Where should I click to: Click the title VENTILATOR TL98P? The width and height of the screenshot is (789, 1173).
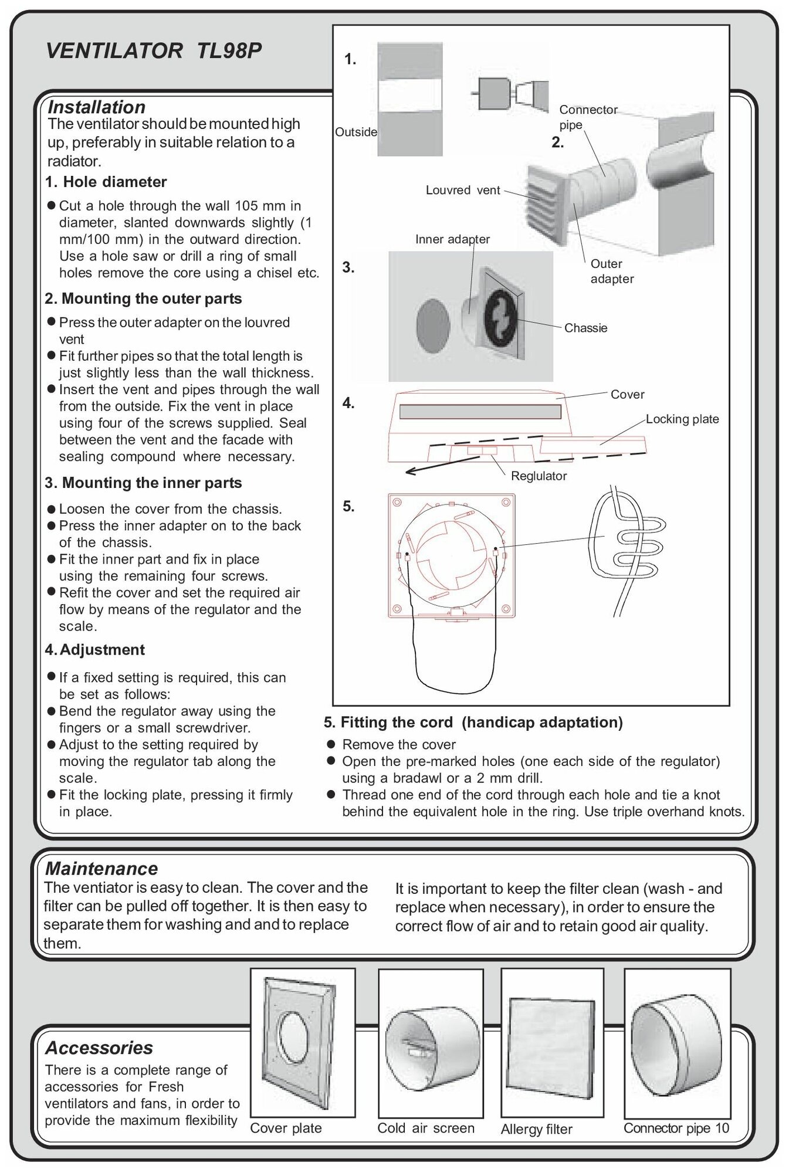click(x=153, y=52)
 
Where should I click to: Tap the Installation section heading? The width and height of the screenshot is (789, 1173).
click(x=96, y=107)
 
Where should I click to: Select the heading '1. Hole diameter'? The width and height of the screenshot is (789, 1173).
click(x=106, y=182)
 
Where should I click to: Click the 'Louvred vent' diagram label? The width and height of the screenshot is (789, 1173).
click(x=463, y=190)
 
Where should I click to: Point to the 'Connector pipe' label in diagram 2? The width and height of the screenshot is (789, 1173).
click(x=587, y=117)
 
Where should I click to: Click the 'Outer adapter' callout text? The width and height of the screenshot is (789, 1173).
click(x=611, y=272)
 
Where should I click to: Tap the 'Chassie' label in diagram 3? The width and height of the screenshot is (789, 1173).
click(x=585, y=328)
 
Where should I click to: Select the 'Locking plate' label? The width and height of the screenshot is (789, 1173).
click(x=682, y=419)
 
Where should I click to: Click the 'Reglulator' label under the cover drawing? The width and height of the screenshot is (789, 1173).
click(x=539, y=476)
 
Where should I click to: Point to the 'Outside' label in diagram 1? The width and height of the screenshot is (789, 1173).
click(x=355, y=132)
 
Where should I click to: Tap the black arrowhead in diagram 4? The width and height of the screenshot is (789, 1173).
click(x=412, y=470)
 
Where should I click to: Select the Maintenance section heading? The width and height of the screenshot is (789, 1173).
click(x=101, y=868)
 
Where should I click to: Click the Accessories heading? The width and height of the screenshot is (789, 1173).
click(x=99, y=1047)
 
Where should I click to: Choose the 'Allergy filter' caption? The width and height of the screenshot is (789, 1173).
click(x=536, y=1129)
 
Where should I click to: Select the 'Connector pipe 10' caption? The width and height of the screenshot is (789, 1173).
click(x=676, y=1128)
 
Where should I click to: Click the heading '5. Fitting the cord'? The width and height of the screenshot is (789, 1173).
click(x=473, y=722)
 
